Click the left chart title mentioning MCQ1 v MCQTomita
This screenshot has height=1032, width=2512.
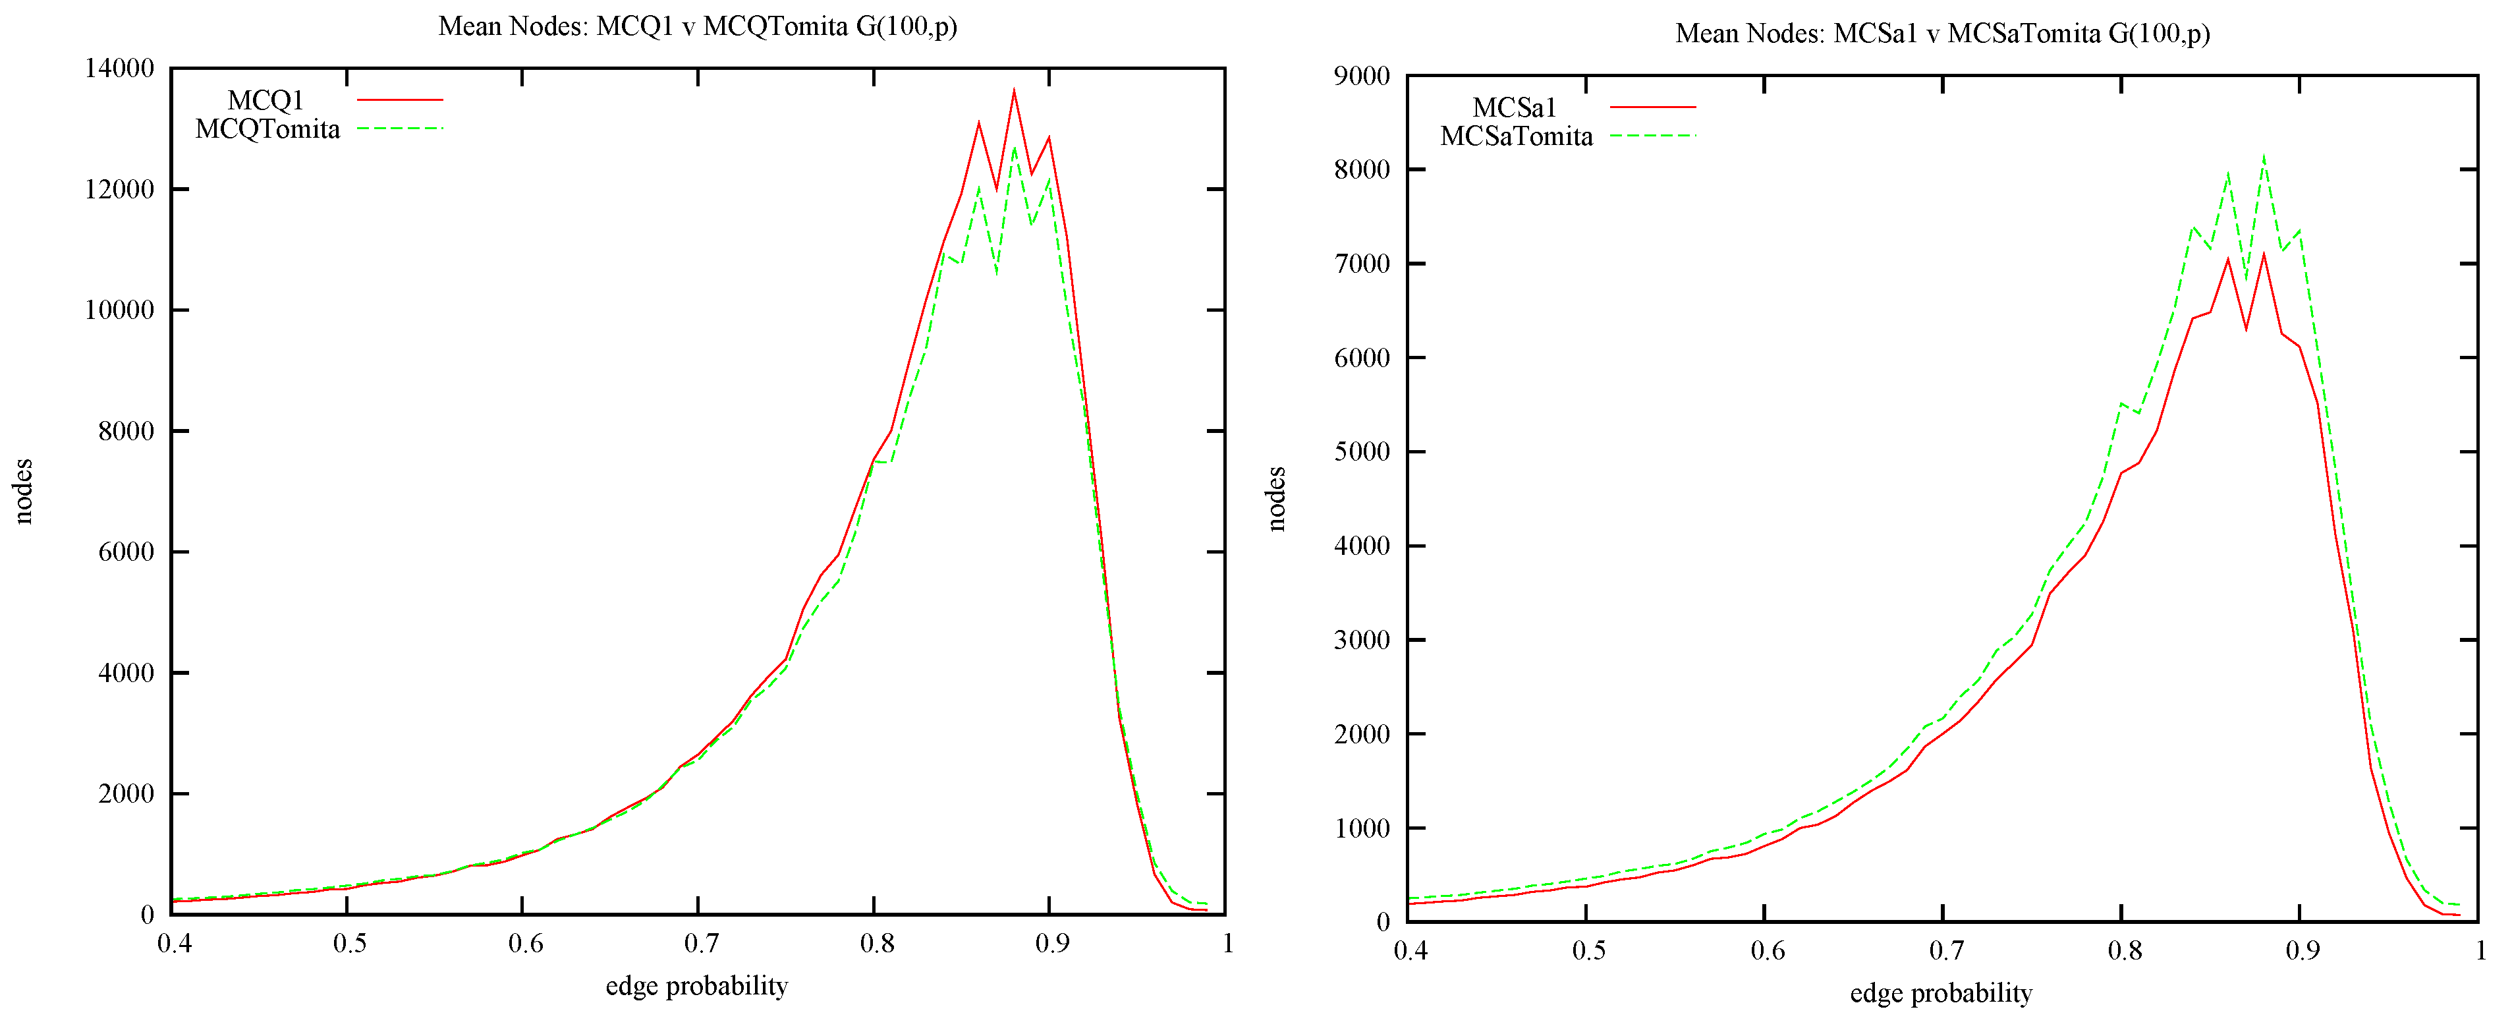click(697, 26)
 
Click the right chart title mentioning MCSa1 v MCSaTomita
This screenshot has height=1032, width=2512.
click(1941, 34)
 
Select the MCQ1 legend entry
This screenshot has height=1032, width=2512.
click(266, 100)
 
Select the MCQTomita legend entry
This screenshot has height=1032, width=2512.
click(268, 129)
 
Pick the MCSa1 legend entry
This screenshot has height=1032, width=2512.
click(1515, 107)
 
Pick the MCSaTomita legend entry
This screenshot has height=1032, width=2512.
click(1517, 136)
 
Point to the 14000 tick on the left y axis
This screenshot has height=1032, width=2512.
click(120, 69)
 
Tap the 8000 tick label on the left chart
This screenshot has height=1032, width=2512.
click(126, 431)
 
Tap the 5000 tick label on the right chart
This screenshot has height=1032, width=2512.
click(1362, 451)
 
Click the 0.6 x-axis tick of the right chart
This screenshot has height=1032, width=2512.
click(1767, 950)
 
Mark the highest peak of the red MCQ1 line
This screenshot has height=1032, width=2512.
click(1013, 91)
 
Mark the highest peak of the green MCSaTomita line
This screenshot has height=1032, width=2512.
click(2264, 156)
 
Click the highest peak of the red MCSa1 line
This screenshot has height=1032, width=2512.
click(2264, 254)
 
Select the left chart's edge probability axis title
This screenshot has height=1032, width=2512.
click(696, 986)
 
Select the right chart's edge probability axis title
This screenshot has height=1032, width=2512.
click(1941, 993)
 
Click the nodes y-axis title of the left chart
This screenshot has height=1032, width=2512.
click(24, 492)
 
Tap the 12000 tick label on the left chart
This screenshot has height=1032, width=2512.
click(120, 189)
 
